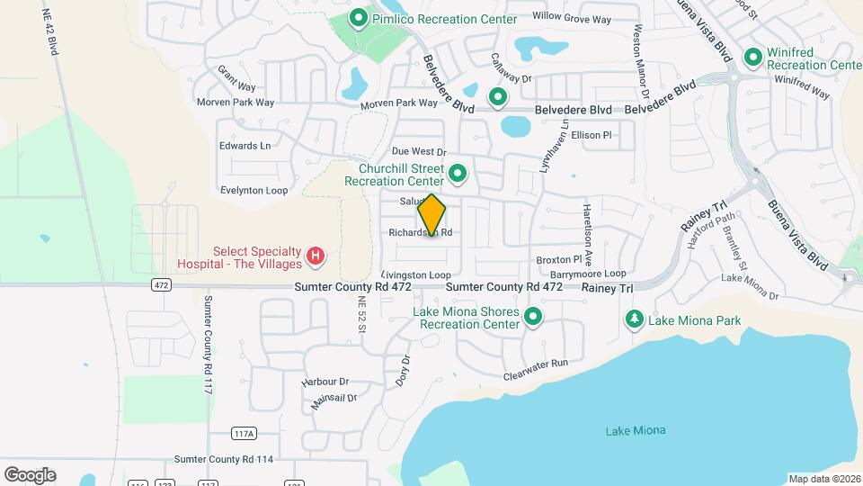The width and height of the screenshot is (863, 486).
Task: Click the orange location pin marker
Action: coord(431,215)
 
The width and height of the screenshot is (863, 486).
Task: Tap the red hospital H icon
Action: coord(316,257)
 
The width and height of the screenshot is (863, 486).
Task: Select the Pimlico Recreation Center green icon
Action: coord(358,19)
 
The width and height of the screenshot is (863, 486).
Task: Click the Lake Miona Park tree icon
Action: coord(635,319)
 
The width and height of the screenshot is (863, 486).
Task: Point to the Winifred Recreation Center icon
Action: coord(752,58)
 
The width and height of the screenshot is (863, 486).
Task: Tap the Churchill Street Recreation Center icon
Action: coord(458,173)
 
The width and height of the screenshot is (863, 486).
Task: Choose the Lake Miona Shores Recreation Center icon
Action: coord(533,317)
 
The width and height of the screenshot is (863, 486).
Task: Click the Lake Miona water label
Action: coord(636,430)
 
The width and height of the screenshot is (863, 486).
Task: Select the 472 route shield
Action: coord(161,285)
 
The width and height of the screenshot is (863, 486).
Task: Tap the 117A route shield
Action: coord(244,433)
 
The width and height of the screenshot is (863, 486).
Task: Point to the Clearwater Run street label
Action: coord(537,368)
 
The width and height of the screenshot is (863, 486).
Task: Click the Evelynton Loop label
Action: coord(254,191)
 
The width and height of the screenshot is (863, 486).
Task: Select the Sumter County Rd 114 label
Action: coord(224,459)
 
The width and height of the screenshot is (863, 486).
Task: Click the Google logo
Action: coord(30,474)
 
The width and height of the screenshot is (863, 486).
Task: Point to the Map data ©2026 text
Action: coord(823,478)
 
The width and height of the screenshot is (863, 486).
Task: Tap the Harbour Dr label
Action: coord(325,382)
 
